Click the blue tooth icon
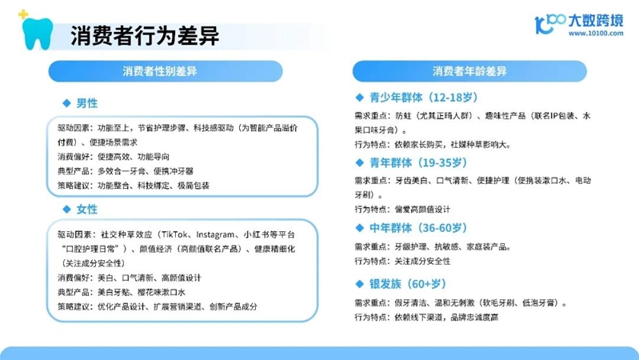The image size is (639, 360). (38, 34)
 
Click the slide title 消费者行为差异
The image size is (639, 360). (145, 35)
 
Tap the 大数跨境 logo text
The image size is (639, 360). (595, 20)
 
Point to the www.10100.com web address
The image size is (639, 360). (596, 34)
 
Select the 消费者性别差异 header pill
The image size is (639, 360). (166, 71)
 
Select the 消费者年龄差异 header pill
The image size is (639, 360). (469, 71)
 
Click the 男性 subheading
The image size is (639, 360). (87, 103)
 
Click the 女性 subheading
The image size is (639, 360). (87, 210)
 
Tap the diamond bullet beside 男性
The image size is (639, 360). (67, 103)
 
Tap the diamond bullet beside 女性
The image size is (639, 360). (67, 210)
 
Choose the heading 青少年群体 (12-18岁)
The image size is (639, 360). (423, 98)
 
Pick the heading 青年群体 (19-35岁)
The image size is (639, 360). (418, 162)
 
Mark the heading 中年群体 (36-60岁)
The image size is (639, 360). (418, 228)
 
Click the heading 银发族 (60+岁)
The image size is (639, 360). (408, 284)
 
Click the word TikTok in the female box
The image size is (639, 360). (175, 235)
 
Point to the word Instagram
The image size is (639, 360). (215, 235)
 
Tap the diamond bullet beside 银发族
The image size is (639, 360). (359, 284)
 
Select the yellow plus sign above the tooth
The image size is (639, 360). (23, 14)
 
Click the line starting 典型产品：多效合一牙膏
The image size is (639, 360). (125, 171)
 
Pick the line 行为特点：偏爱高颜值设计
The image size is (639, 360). (402, 210)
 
